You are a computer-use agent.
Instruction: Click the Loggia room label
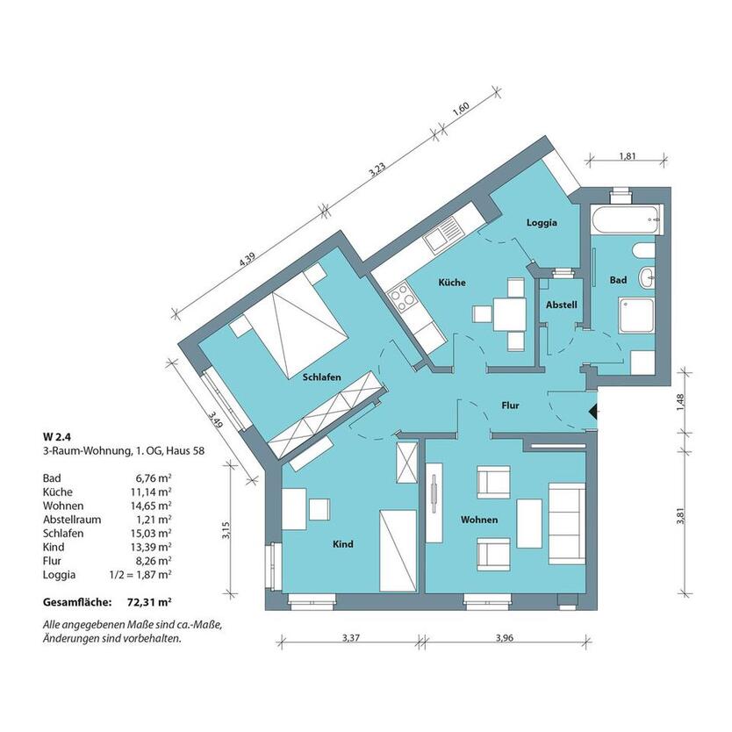(x=542, y=223)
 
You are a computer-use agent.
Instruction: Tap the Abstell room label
(x=562, y=305)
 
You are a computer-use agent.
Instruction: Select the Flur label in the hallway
(x=510, y=405)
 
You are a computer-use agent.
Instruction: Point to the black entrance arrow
(x=592, y=412)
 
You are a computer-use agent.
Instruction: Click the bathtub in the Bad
(x=626, y=219)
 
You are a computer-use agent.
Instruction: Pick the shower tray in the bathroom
(x=636, y=316)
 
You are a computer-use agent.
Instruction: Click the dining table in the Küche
(x=509, y=313)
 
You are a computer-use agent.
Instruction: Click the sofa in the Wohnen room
(x=567, y=524)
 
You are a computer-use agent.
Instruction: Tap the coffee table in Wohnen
(x=529, y=523)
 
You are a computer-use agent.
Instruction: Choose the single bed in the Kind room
(x=398, y=551)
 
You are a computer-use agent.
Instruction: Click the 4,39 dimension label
(x=247, y=260)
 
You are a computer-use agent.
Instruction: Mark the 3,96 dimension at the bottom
(x=505, y=638)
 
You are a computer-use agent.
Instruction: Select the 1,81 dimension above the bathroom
(x=628, y=156)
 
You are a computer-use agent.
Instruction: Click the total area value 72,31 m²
(x=149, y=602)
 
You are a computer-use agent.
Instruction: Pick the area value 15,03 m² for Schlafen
(x=150, y=533)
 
